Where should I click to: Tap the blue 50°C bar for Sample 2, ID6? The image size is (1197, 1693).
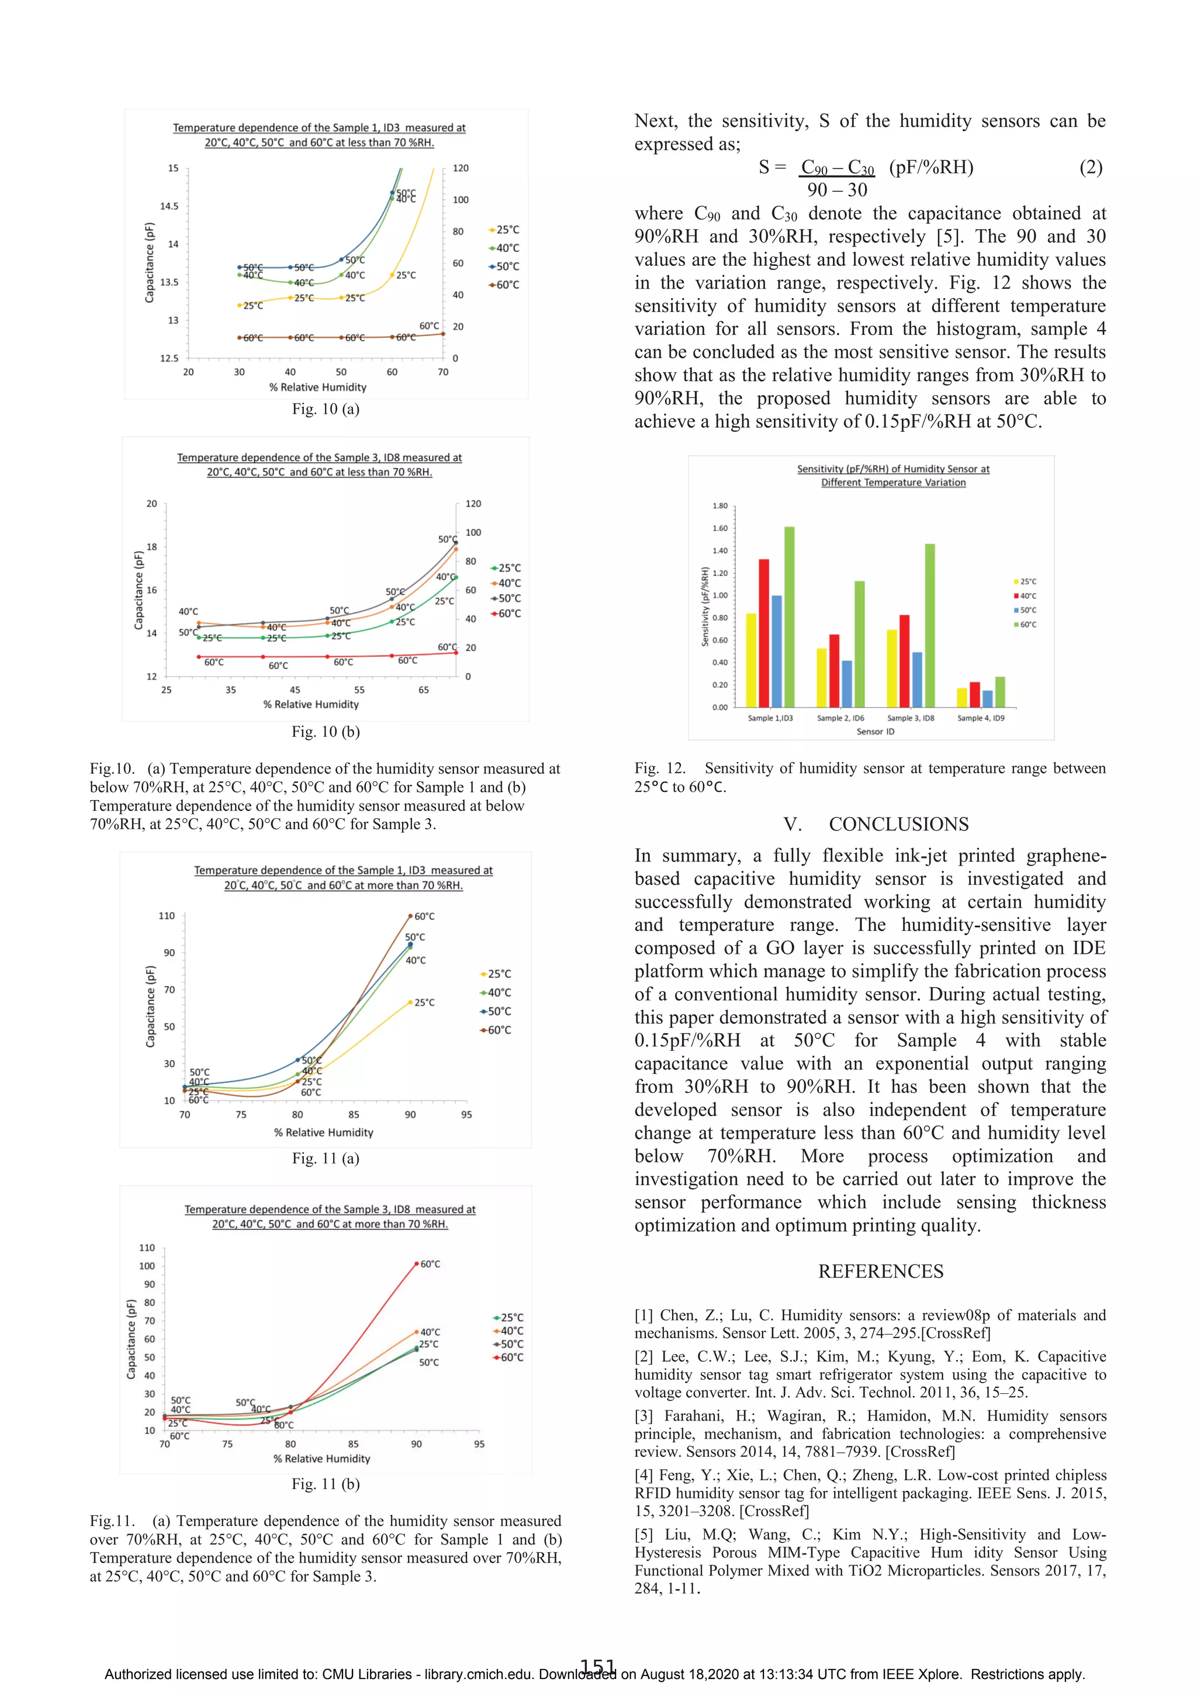pyautogui.click(x=847, y=684)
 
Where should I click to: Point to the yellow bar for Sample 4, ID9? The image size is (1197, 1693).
pyautogui.click(x=961, y=698)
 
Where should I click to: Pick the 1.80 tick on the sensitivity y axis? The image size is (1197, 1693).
pyautogui.click(x=720, y=506)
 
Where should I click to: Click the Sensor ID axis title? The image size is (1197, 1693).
pyautogui.click(x=876, y=732)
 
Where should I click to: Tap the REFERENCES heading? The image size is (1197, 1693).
pyautogui.click(x=881, y=1270)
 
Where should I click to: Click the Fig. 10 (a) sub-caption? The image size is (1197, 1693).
pyautogui.click(x=325, y=409)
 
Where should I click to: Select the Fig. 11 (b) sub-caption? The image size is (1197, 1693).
pyautogui.click(x=325, y=1484)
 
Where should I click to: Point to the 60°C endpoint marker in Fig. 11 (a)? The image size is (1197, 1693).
pyautogui.click(x=411, y=916)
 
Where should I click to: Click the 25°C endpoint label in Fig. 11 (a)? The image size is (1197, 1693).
pyautogui.click(x=424, y=1003)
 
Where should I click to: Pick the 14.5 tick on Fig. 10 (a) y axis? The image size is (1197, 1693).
pyautogui.click(x=169, y=206)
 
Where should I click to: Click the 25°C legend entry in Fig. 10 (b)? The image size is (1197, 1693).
pyautogui.click(x=506, y=568)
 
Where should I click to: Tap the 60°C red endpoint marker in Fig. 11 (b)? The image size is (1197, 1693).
pyautogui.click(x=416, y=1264)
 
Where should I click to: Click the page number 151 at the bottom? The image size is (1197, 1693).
pyautogui.click(x=597, y=1667)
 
